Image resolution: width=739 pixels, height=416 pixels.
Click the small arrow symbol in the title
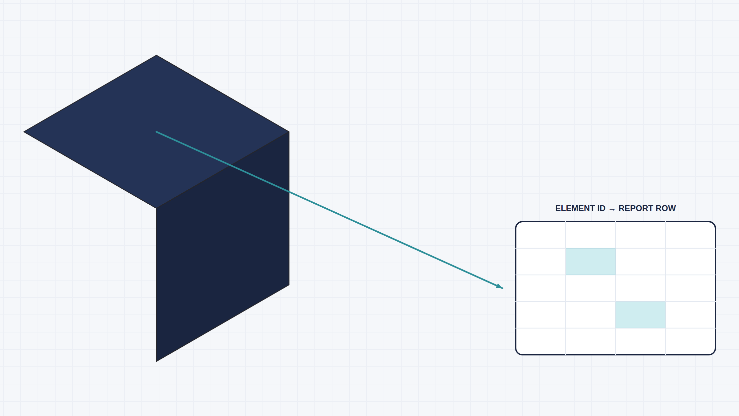[612, 209]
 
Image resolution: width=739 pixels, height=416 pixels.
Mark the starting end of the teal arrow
[156, 132]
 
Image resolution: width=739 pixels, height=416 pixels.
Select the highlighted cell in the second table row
[591, 262]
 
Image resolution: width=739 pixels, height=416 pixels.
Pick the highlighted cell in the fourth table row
[641, 315]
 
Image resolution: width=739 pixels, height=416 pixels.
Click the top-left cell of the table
[541, 235]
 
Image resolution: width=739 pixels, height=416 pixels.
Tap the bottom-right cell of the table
[690, 341]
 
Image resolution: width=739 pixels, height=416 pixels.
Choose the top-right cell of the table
[690, 235]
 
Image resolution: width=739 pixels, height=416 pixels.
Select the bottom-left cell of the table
[541, 341]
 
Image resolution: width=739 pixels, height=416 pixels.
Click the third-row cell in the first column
[541, 288]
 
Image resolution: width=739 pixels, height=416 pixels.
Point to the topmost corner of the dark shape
[156, 55]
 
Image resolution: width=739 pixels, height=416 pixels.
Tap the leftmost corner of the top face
[24, 132]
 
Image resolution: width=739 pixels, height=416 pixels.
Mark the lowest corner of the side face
[156, 361]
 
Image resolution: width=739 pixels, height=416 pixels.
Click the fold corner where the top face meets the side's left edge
[156, 208]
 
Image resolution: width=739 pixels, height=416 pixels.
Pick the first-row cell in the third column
[641, 235]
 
